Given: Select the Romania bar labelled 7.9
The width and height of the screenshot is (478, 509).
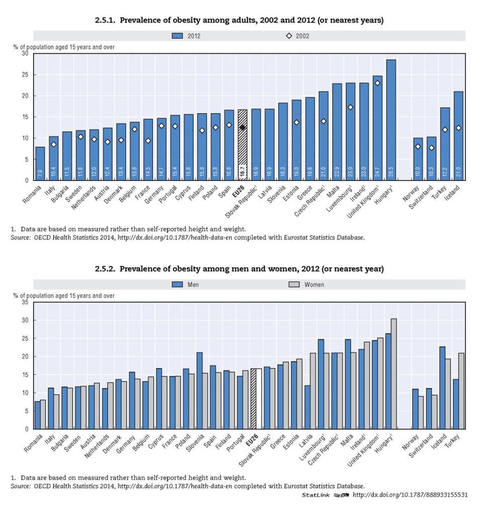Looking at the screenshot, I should (x=40, y=163).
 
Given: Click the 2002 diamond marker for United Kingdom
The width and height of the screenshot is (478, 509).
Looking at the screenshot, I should (x=377, y=83).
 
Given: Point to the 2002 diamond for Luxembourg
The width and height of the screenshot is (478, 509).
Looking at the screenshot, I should (x=351, y=107).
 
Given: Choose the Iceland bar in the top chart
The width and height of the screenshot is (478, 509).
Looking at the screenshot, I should (x=458, y=136).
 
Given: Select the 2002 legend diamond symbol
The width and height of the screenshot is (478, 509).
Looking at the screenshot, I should (x=289, y=36).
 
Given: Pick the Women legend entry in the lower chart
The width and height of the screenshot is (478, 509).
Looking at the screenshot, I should (x=308, y=284).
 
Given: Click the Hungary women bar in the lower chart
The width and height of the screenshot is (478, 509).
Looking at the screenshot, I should (x=393, y=374).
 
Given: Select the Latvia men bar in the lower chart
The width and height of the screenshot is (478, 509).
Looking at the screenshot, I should (x=307, y=407).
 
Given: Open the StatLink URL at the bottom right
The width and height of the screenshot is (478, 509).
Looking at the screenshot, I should (x=410, y=495).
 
